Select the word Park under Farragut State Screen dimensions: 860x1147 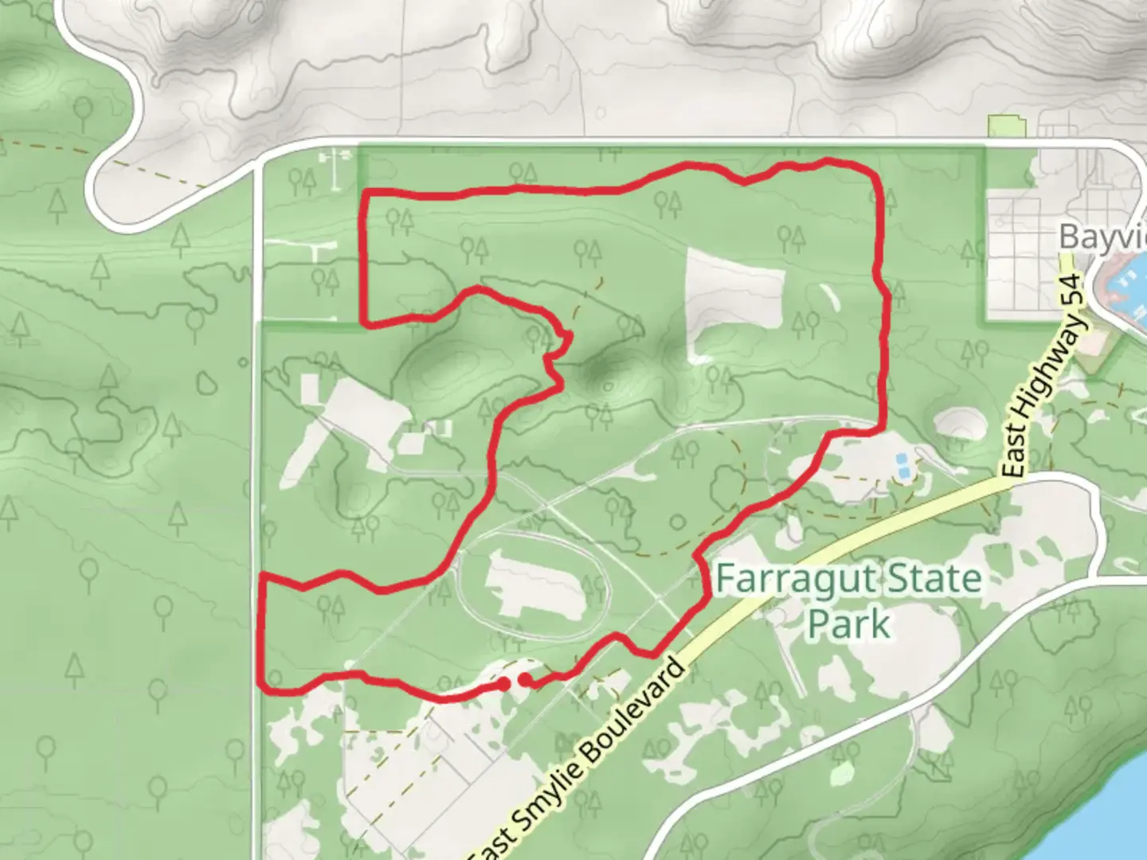pyautogui.click(x=848, y=623)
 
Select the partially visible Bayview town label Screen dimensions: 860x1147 pyautogui.click(x=1102, y=237)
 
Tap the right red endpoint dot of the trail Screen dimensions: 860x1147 pyautogui.click(x=527, y=679)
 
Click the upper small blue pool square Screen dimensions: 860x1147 pyautogui.click(x=901, y=459)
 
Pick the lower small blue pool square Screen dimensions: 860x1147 pyautogui.click(x=906, y=473)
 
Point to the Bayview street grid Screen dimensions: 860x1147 pyautogui.click(x=1024, y=255)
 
